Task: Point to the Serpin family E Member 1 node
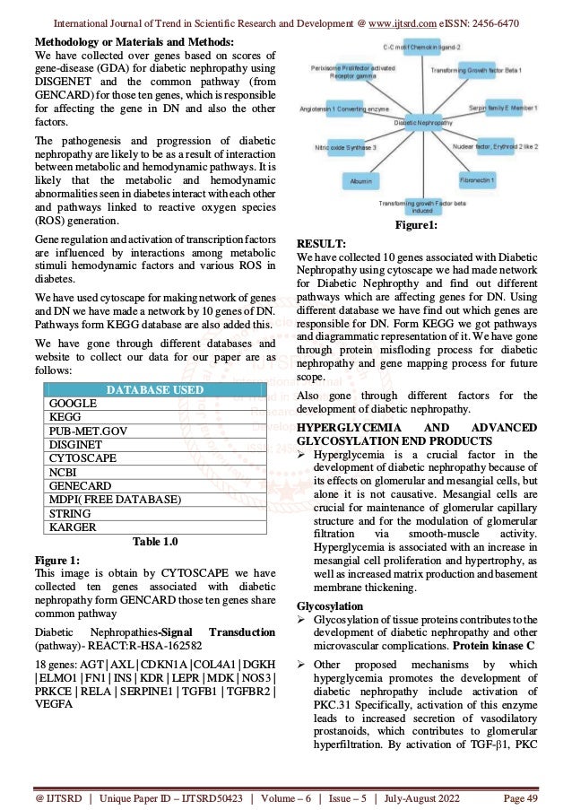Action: (x=510, y=108)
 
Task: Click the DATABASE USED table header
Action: (x=155, y=390)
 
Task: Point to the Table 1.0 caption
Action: (x=155, y=541)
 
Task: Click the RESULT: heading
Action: (x=323, y=242)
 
